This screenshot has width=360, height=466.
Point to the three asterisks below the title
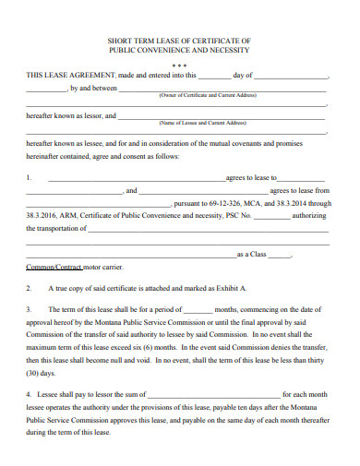(179, 66)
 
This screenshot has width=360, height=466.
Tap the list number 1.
(30, 177)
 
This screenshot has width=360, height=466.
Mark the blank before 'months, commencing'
(198, 308)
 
